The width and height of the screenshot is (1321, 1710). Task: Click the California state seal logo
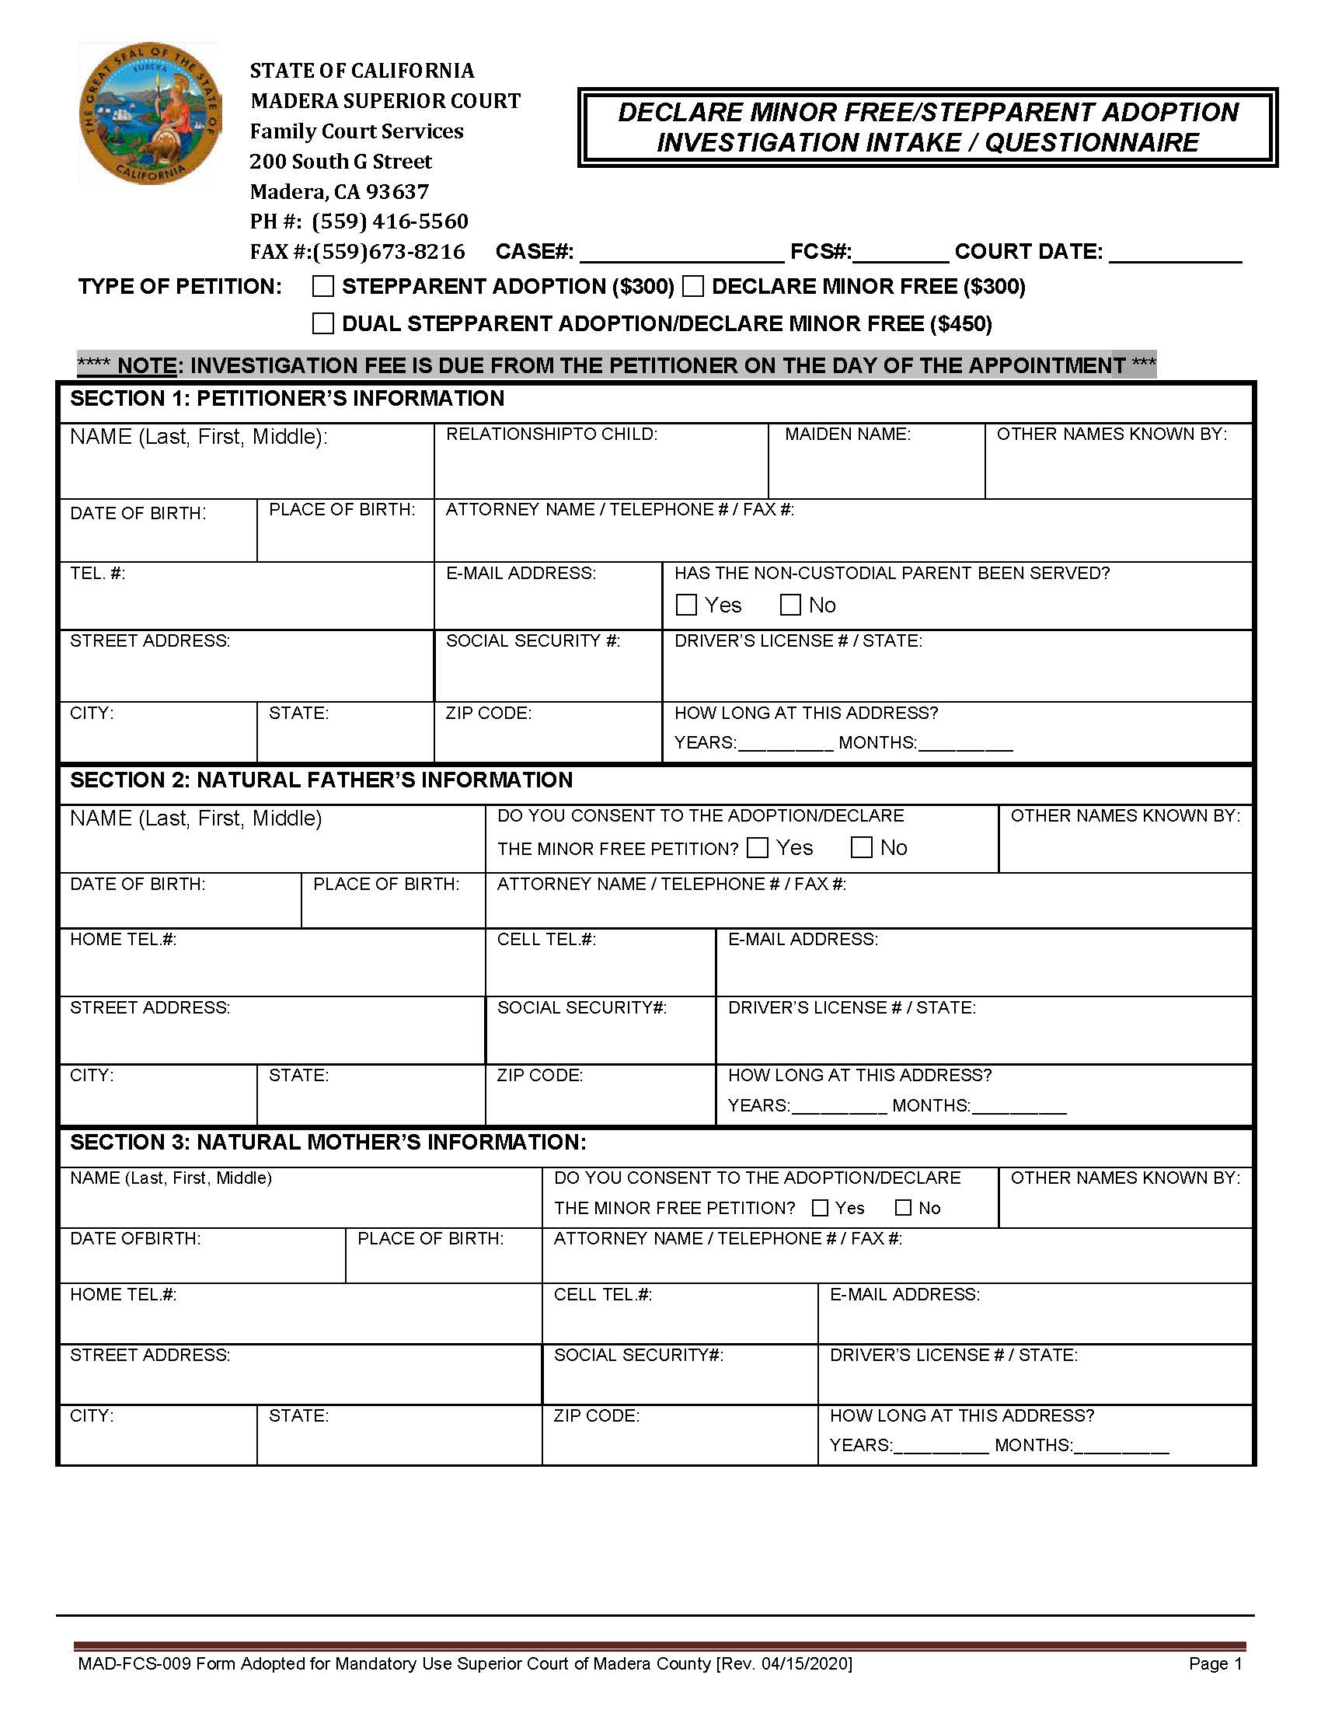tap(150, 113)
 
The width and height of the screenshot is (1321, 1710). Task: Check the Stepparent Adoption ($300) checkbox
tap(322, 287)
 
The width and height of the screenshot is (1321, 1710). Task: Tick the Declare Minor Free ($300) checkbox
tap(692, 287)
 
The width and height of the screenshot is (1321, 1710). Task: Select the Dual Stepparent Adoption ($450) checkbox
tap(322, 323)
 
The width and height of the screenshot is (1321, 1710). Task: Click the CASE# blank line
tap(681, 254)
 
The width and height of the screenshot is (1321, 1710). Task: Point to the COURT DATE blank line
tap(1175, 254)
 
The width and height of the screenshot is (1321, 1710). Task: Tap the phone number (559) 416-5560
tap(390, 222)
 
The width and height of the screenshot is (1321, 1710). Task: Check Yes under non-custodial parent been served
tap(686, 605)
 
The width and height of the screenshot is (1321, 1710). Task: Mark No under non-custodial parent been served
tap(790, 605)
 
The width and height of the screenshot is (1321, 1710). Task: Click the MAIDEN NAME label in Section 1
tap(848, 434)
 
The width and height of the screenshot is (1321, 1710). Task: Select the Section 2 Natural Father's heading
tap(321, 780)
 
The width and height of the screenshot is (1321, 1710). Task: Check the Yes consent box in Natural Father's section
tap(758, 848)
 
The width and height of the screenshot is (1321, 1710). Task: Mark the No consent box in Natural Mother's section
tap(903, 1207)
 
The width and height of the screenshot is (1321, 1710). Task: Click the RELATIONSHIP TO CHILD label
tap(551, 434)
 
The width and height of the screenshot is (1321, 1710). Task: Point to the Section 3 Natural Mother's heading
tap(327, 1142)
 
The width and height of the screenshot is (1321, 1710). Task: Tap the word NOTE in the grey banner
tap(147, 365)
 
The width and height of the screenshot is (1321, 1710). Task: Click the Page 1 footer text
tap(1215, 1664)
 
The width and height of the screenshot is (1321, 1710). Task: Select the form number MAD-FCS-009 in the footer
tap(134, 1664)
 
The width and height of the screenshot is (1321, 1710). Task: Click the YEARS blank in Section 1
tap(785, 744)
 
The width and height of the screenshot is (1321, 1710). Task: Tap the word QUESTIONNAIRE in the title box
tap(1092, 142)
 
